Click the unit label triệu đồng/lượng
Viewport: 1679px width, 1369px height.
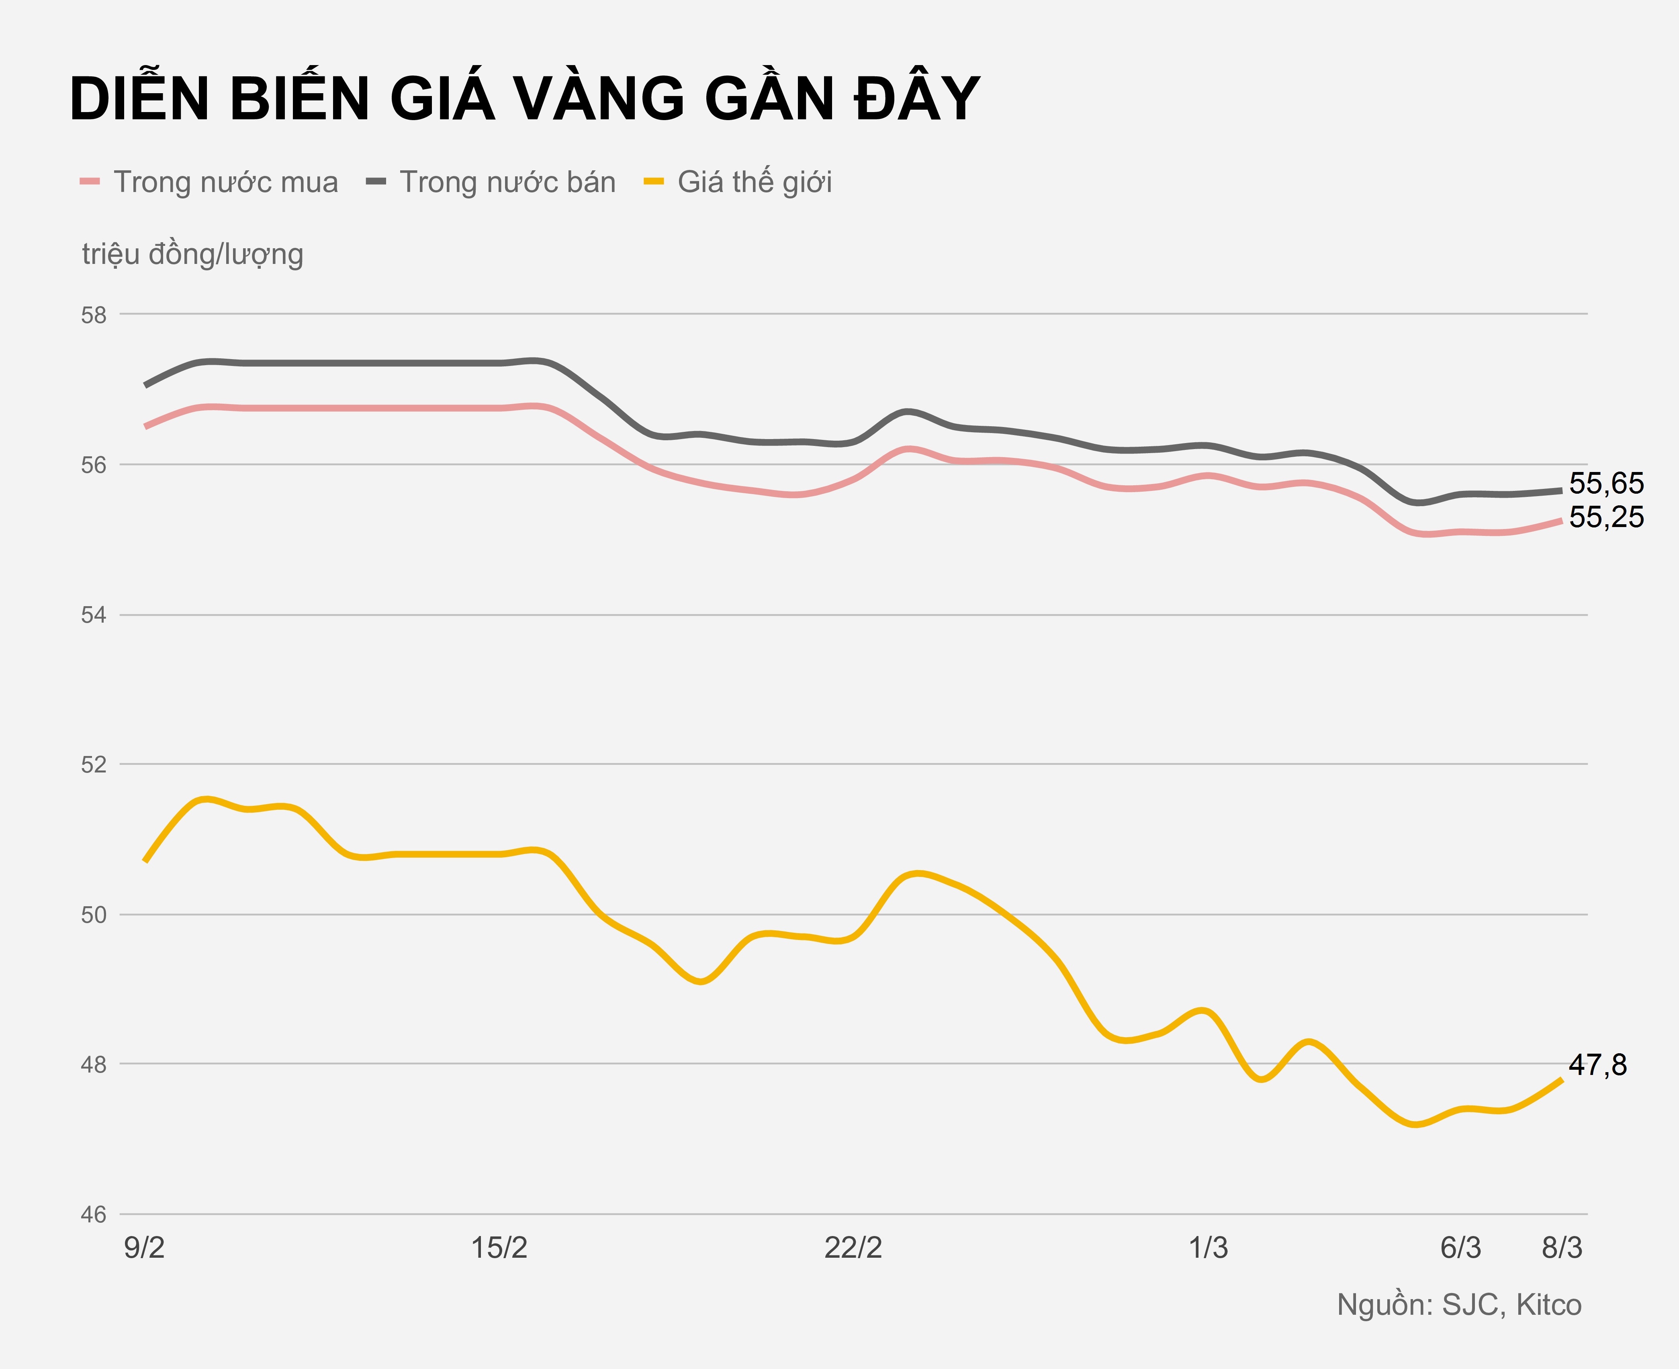pos(192,254)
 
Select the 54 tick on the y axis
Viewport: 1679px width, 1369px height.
pos(94,615)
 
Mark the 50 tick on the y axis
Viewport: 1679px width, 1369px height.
pos(94,915)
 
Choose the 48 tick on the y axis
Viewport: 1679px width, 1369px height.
pos(94,1065)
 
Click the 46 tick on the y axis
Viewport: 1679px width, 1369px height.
pos(94,1214)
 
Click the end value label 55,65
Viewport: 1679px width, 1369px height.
pos(1606,482)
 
